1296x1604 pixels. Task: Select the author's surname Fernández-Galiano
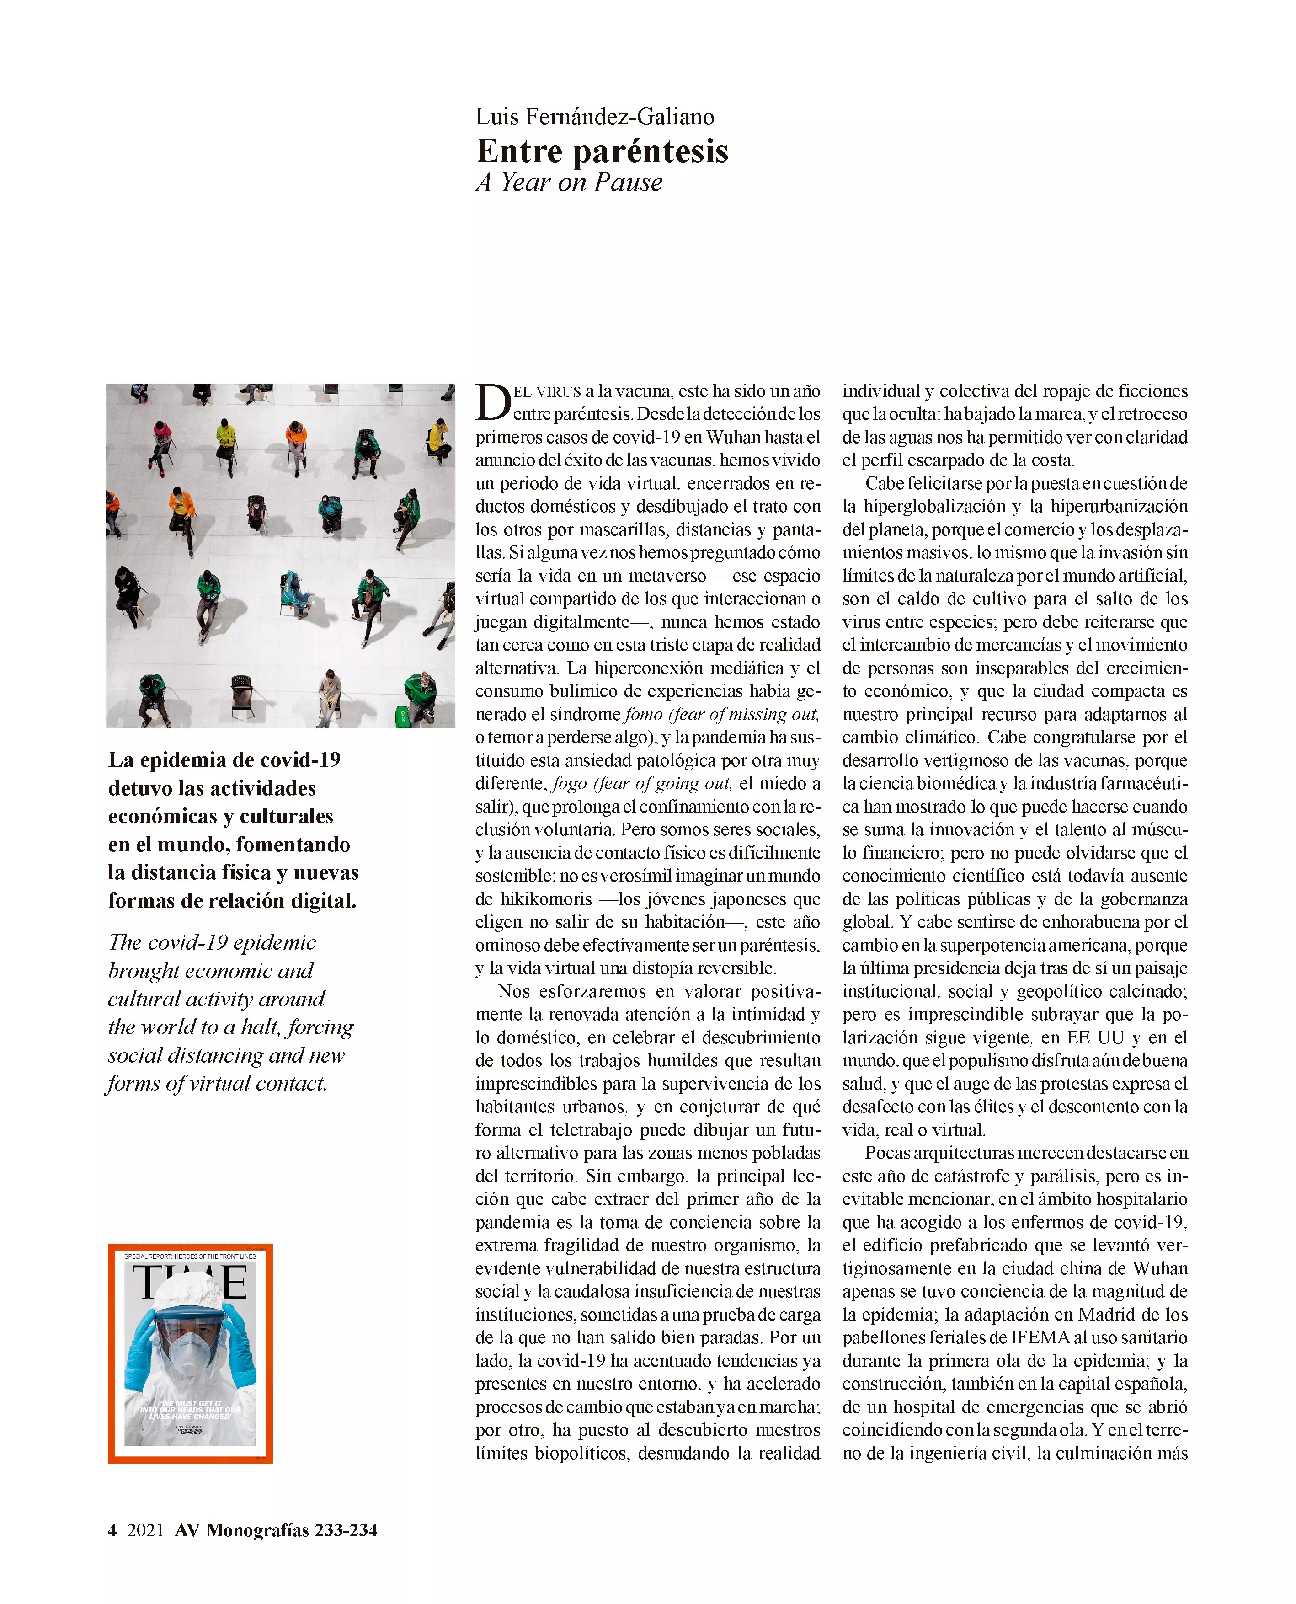click(619, 117)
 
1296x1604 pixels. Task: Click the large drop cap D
click(493, 403)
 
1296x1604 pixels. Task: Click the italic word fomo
click(643, 715)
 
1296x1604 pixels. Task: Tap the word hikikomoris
click(546, 899)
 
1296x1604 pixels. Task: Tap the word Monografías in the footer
click(257, 1530)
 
